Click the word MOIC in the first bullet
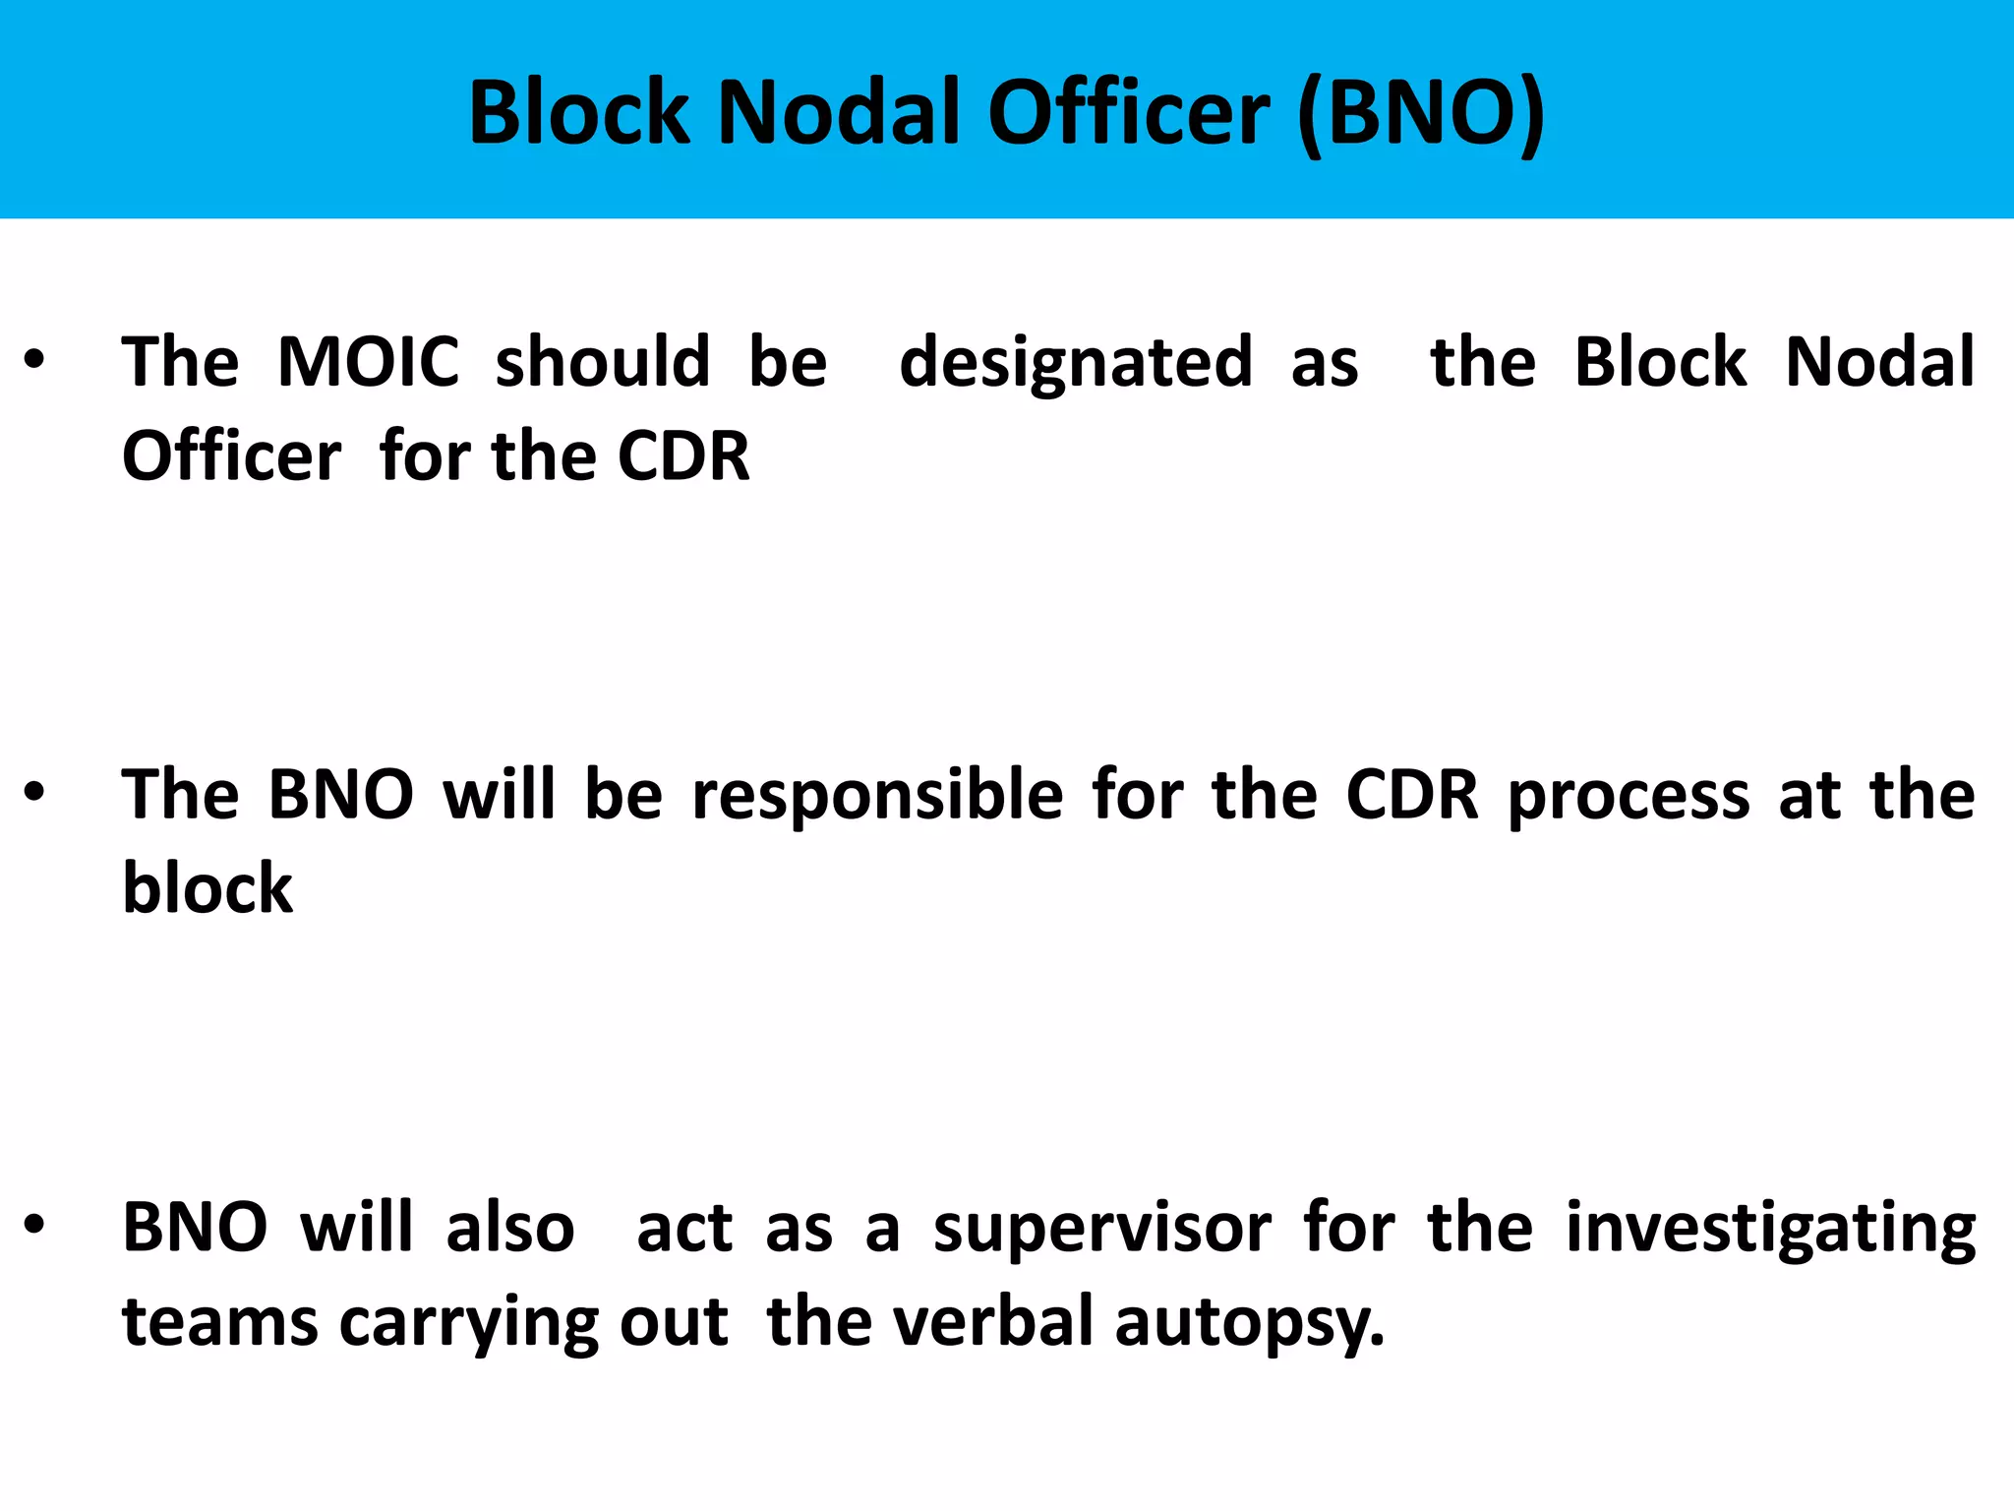pyautogui.click(x=368, y=362)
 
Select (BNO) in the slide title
pyautogui.click(x=1421, y=113)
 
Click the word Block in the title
pyautogui.click(x=579, y=113)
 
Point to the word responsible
pyautogui.click(x=878, y=795)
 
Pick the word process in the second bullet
pyautogui.click(x=1629, y=795)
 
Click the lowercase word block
pyautogui.click(x=207, y=888)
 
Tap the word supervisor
pyautogui.click(x=1102, y=1229)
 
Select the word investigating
pyautogui.click(x=1770, y=1229)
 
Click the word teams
pyautogui.click(x=219, y=1321)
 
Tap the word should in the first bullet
pyautogui.click(x=603, y=362)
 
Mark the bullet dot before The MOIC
pyautogui.click(x=34, y=361)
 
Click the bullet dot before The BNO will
pyautogui.click(x=34, y=793)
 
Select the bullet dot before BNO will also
pyautogui.click(x=34, y=1226)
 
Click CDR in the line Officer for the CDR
pyautogui.click(x=683, y=456)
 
